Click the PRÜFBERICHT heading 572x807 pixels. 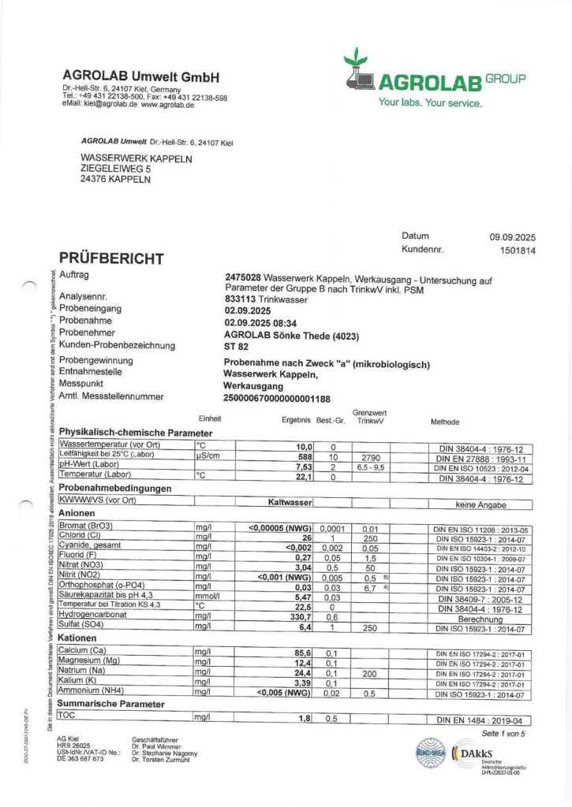pyautogui.click(x=111, y=258)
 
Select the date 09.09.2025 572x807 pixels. pyautogui.click(x=513, y=236)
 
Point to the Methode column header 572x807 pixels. pyautogui.click(x=444, y=422)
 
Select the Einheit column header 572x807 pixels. pyautogui.click(x=210, y=419)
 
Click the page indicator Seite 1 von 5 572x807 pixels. pyautogui.click(x=503, y=734)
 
